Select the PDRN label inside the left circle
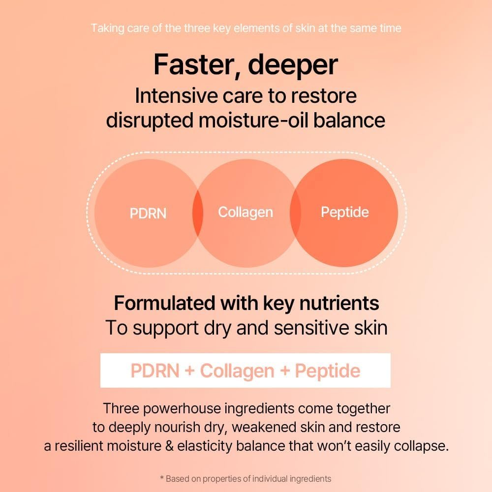(x=148, y=214)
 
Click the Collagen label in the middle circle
(x=246, y=213)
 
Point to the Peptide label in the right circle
(x=344, y=213)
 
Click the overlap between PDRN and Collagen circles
(x=198, y=213)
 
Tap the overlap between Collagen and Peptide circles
(x=295, y=213)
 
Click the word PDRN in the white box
(x=154, y=370)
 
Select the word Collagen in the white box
(x=237, y=371)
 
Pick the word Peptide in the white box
(x=328, y=371)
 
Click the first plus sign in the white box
(x=189, y=371)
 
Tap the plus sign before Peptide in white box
(x=284, y=371)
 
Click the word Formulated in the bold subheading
(x=164, y=303)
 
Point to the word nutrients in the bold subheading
(x=339, y=304)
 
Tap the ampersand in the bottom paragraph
(x=169, y=446)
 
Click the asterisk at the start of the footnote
(x=162, y=478)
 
